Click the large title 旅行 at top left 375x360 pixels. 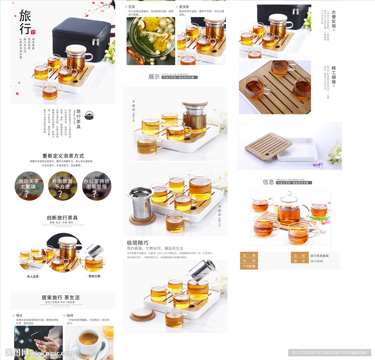[x=25, y=23]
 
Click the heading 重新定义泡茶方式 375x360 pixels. [x=63, y=155]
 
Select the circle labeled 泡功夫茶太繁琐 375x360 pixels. [x=29, y=186]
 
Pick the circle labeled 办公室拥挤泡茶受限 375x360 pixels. [x=96, y=186]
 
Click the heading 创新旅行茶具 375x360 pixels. [x=62, y=218]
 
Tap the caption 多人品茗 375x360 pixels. [x=33, y=276]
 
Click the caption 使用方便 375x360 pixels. [x=94, y=276]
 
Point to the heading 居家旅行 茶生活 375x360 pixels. [x=60, y=297]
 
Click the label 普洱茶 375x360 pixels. [x=184, y=7]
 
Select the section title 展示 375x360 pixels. [x=154, y=77]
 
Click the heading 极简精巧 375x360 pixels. [x=137, y=243]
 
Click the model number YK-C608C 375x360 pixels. [x=317, y=261]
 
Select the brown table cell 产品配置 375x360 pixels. [x=249, y=266]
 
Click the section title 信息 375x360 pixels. [x=268, y=182]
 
